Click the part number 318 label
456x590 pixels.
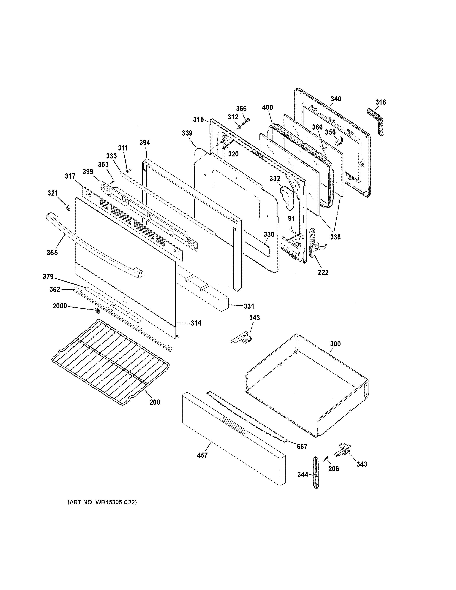click(380, 102)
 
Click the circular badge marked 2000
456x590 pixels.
click(97, 311)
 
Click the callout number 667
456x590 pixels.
click(302, 447)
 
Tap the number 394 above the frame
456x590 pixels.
click(145, 143)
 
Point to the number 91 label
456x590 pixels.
click(291, 218)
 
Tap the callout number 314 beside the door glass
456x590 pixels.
click(196, 323)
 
